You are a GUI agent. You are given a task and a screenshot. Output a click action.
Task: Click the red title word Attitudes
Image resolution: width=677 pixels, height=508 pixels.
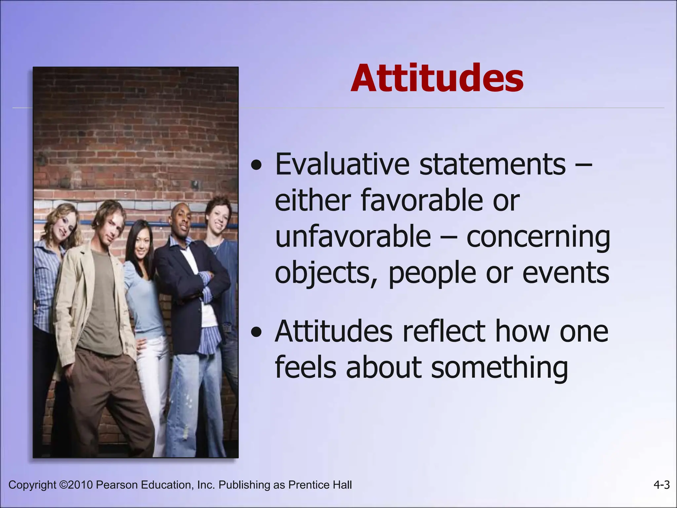[x=437, y=78]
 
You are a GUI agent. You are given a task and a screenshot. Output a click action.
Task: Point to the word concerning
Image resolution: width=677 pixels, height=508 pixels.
[x=538, y=237]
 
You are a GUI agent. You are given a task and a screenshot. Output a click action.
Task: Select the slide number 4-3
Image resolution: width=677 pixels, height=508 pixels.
[x=661, y=485]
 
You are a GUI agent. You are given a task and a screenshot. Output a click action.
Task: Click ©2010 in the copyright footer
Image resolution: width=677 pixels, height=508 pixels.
[x=76, y=485]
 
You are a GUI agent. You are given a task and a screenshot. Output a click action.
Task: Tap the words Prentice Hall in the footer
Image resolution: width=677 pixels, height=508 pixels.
[x=320, y=485]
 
